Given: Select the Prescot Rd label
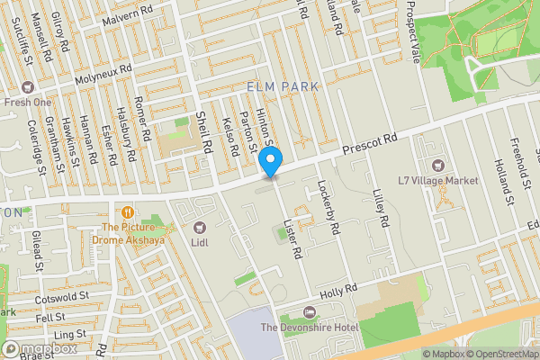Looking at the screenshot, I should (370, 144).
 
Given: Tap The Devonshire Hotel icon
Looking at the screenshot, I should (310, 311).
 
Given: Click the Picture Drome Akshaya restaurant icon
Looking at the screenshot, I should (130, 212).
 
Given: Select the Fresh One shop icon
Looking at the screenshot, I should (28, 87).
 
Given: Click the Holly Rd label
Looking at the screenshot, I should (340, 292).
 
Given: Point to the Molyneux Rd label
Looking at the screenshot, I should (103, 67).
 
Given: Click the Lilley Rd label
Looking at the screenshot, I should (382, 208).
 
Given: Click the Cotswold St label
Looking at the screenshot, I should (63, 295).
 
